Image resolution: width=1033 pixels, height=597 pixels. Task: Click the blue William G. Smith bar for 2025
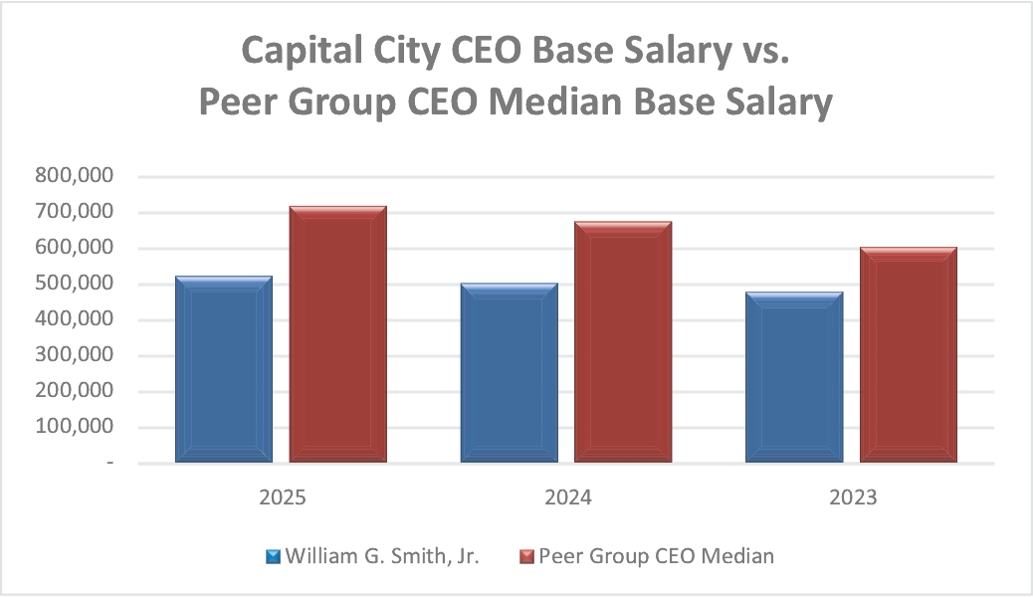click(224, 369)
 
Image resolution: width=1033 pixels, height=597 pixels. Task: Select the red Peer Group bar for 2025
click(337, 334)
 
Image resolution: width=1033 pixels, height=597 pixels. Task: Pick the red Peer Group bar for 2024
click(623, 341)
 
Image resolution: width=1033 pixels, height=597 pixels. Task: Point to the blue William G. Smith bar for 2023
click(794, 377)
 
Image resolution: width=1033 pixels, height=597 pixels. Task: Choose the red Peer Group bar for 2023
click(908, 354)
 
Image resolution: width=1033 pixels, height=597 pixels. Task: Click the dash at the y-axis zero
click(109, 464)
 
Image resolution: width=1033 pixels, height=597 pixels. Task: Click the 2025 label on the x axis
click(281, 497)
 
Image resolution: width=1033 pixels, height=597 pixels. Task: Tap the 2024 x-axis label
click(567, 497)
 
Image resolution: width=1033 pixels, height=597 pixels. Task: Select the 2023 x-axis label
click(853, 497)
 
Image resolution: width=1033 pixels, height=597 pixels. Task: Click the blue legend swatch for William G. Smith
click(273, 556)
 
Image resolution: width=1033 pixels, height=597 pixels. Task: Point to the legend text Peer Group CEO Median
click(656, 556)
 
